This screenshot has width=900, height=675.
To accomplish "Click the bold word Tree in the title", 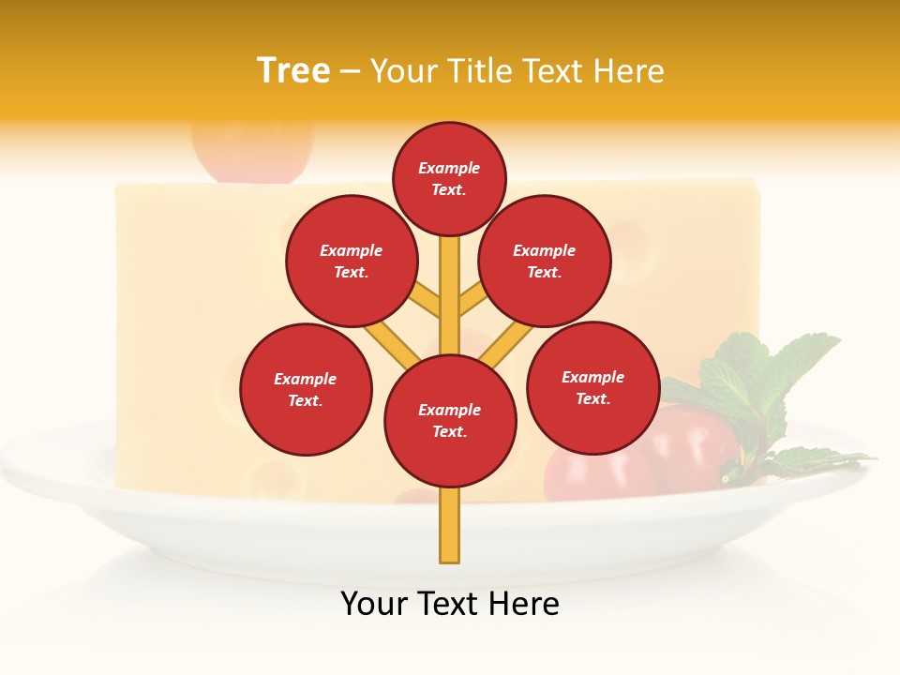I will pyautogui.click(x=293, y=70).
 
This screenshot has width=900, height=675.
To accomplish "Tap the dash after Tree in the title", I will pyautogui.click(x=350, y=71).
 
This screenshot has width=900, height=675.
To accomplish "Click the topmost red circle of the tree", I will pyautogui.click(x=449, y=178).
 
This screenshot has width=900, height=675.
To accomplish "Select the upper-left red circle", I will pyautogui.click(x=351, y=261).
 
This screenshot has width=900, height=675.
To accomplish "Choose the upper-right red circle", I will pyautogui.click(x=544, y=261).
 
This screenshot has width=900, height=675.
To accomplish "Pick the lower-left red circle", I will pyautogui.click(x=306, y=389).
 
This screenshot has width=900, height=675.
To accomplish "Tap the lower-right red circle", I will pyautogui.click(x=592, y=387).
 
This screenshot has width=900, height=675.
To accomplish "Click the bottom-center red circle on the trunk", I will pyautogui.click(x=450, y=420).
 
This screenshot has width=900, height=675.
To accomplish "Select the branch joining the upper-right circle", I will pyautogui.click(x=472, y=300).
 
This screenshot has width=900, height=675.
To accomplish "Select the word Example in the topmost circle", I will pyautogui.click(x=449, y=168).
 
